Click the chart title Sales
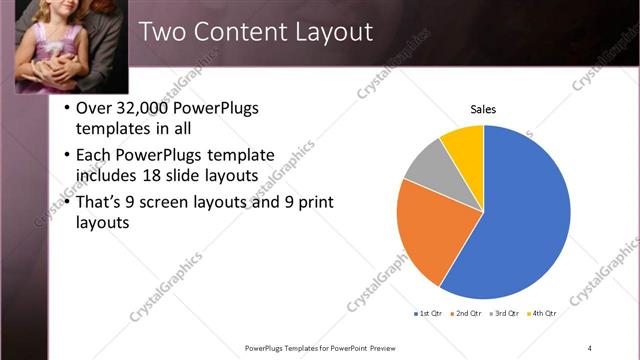(x=483, y=109)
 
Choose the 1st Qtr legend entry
(x=433, y=313)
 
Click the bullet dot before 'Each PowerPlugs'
(x=67, y=156)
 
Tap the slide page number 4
(x=590, y=348)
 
